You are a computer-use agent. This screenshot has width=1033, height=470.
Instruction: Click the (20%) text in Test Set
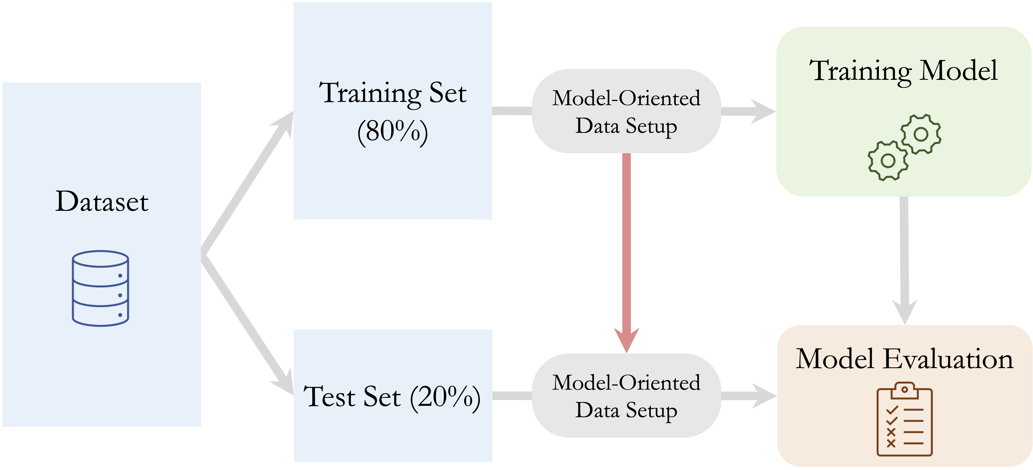pos(445,397)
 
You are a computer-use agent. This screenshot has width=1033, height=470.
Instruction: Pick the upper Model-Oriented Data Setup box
pos(626,111)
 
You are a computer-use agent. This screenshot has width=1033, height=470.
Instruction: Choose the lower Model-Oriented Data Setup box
pos(626,396)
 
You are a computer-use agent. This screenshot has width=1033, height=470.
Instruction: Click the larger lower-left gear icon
pos(888,161)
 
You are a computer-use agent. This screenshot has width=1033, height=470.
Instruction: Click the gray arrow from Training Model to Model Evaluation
pos(904,261)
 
